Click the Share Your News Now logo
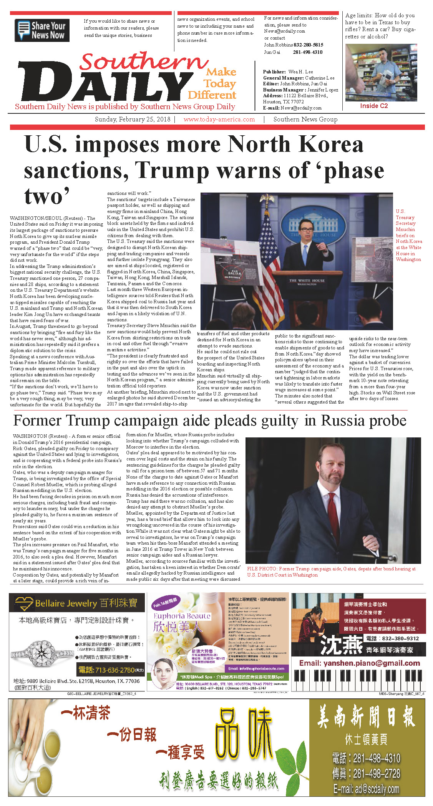(42, 30)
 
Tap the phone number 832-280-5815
(308, 45)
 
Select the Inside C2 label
(374, 106)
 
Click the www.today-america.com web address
(219, 120)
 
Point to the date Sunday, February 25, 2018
(133, 120)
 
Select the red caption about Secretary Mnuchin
(408, 235)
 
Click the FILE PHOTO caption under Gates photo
(331, 572)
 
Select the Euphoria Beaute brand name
(182, 616)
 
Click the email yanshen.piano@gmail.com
(360, 663)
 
